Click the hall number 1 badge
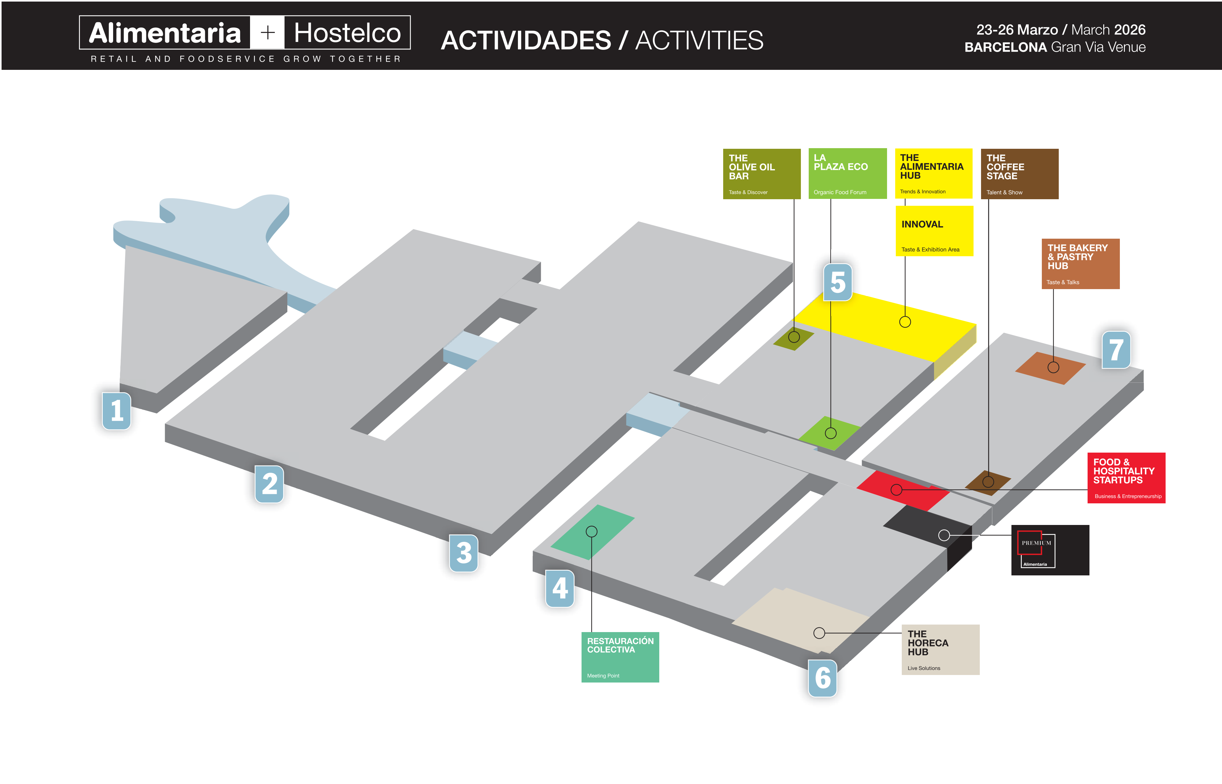tap(117, 411)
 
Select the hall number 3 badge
tap(463, 553)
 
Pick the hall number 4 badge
tap(560, 589)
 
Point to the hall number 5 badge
tap(838, 282)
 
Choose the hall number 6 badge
tap(822, 678)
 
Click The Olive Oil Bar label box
tap(761, 174)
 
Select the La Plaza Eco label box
tap(847, 174)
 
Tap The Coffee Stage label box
tap(1019, 174)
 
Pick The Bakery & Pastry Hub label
tap(1080, 264)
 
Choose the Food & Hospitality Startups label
tap(1126, 478)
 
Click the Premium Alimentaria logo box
tap(1050, 550)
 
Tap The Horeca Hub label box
tap(940, 650)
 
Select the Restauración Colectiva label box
tap(620, 657)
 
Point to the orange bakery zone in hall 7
tap(1050, 367)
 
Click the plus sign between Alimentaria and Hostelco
tap(267, 33)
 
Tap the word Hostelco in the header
tap(347, 33)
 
